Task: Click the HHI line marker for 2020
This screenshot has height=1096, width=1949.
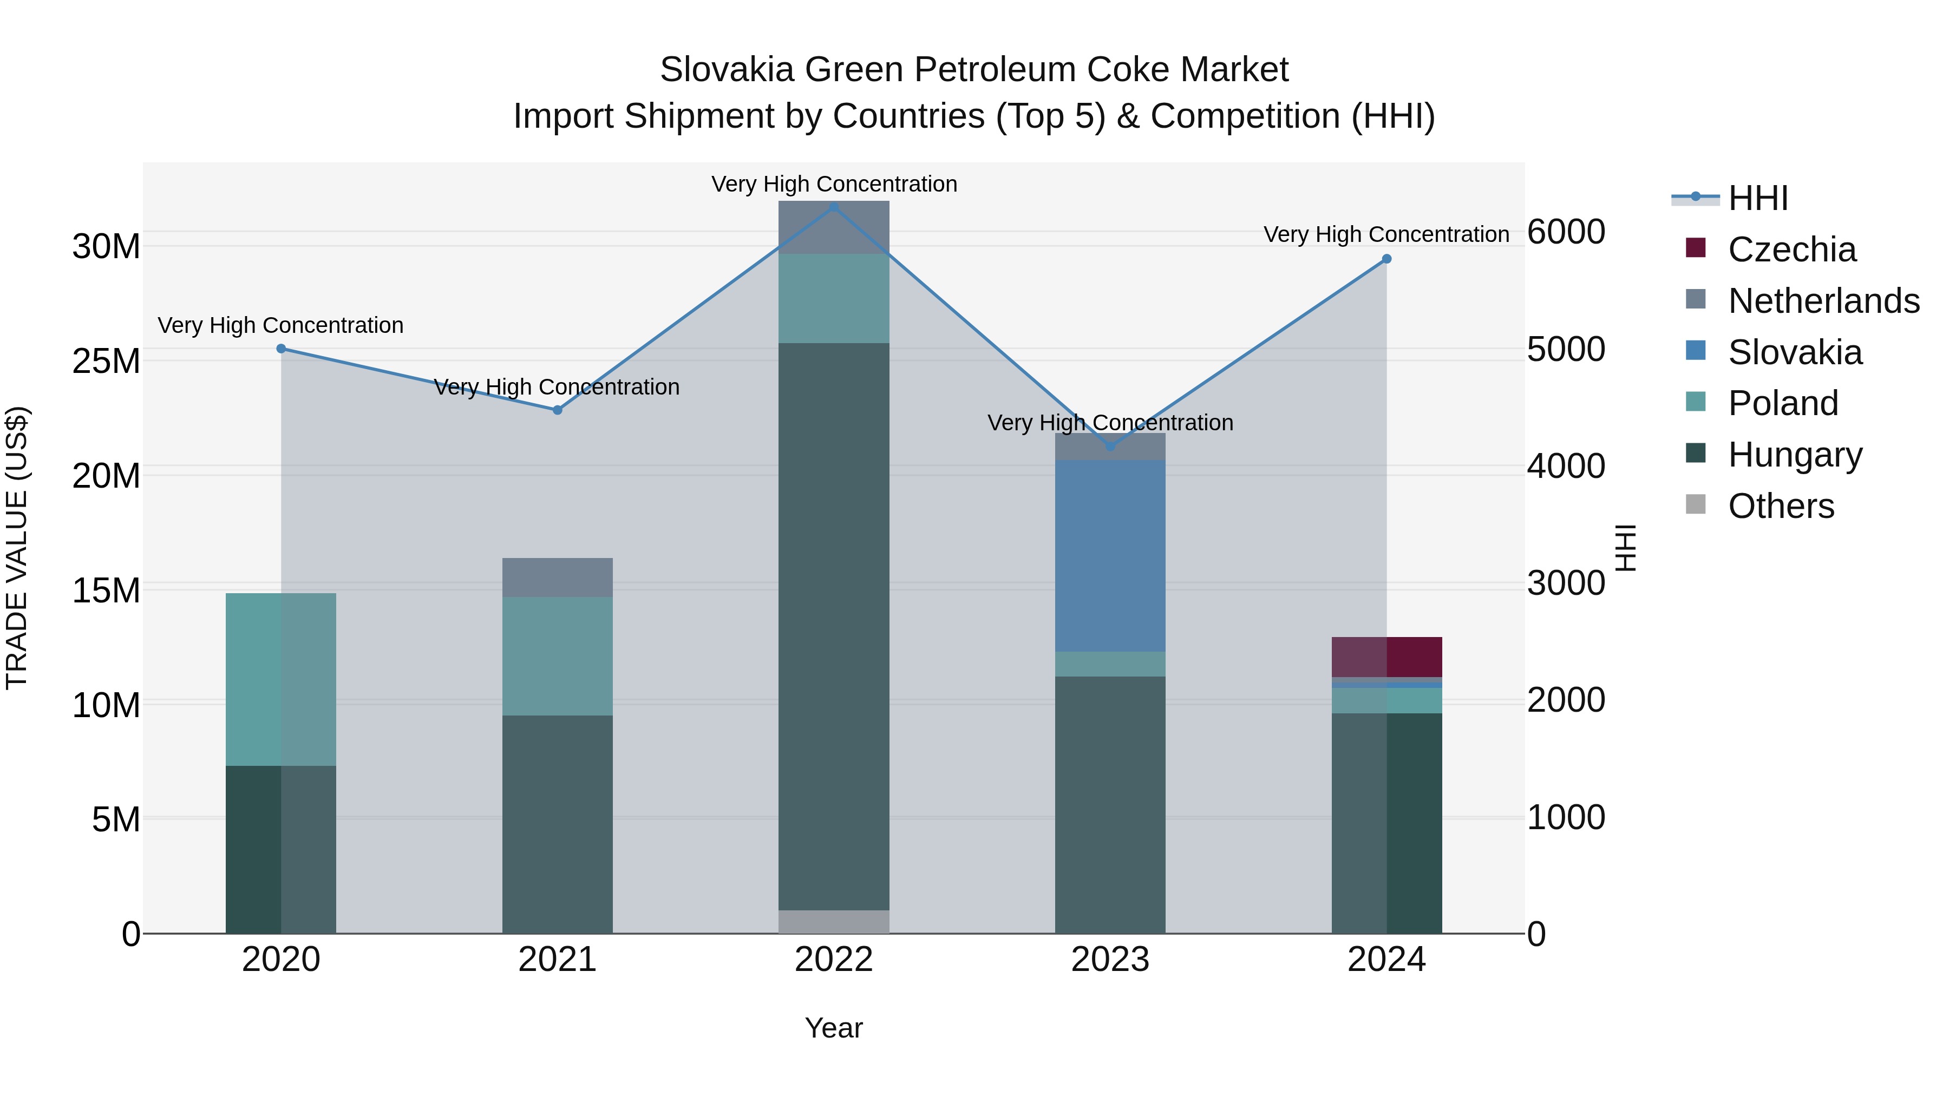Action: click(280, 349)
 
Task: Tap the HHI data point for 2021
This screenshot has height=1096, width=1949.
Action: click(558, 410)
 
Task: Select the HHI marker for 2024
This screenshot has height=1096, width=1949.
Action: click(1387, 259)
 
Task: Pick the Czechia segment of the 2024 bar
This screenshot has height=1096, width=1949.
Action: click(1387, 657)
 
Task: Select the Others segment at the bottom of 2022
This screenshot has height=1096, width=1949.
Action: click(834, 921)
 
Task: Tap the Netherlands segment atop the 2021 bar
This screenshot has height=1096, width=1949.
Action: click(558, 577)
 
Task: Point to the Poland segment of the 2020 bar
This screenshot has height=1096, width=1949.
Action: click(280, 679)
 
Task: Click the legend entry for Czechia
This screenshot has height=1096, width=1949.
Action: click(1791, 250)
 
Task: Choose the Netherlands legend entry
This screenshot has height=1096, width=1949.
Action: click(1823, 301)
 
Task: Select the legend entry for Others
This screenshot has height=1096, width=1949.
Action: click(1781, 506)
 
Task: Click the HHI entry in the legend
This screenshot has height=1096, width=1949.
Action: click(1757, 198)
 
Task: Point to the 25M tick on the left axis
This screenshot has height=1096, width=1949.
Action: click(106, 362)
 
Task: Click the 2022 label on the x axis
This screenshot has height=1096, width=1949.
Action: click(834, 960)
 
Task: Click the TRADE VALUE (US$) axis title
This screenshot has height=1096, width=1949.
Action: click(17, 548)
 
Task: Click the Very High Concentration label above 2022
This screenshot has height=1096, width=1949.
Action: click(834, 185)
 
